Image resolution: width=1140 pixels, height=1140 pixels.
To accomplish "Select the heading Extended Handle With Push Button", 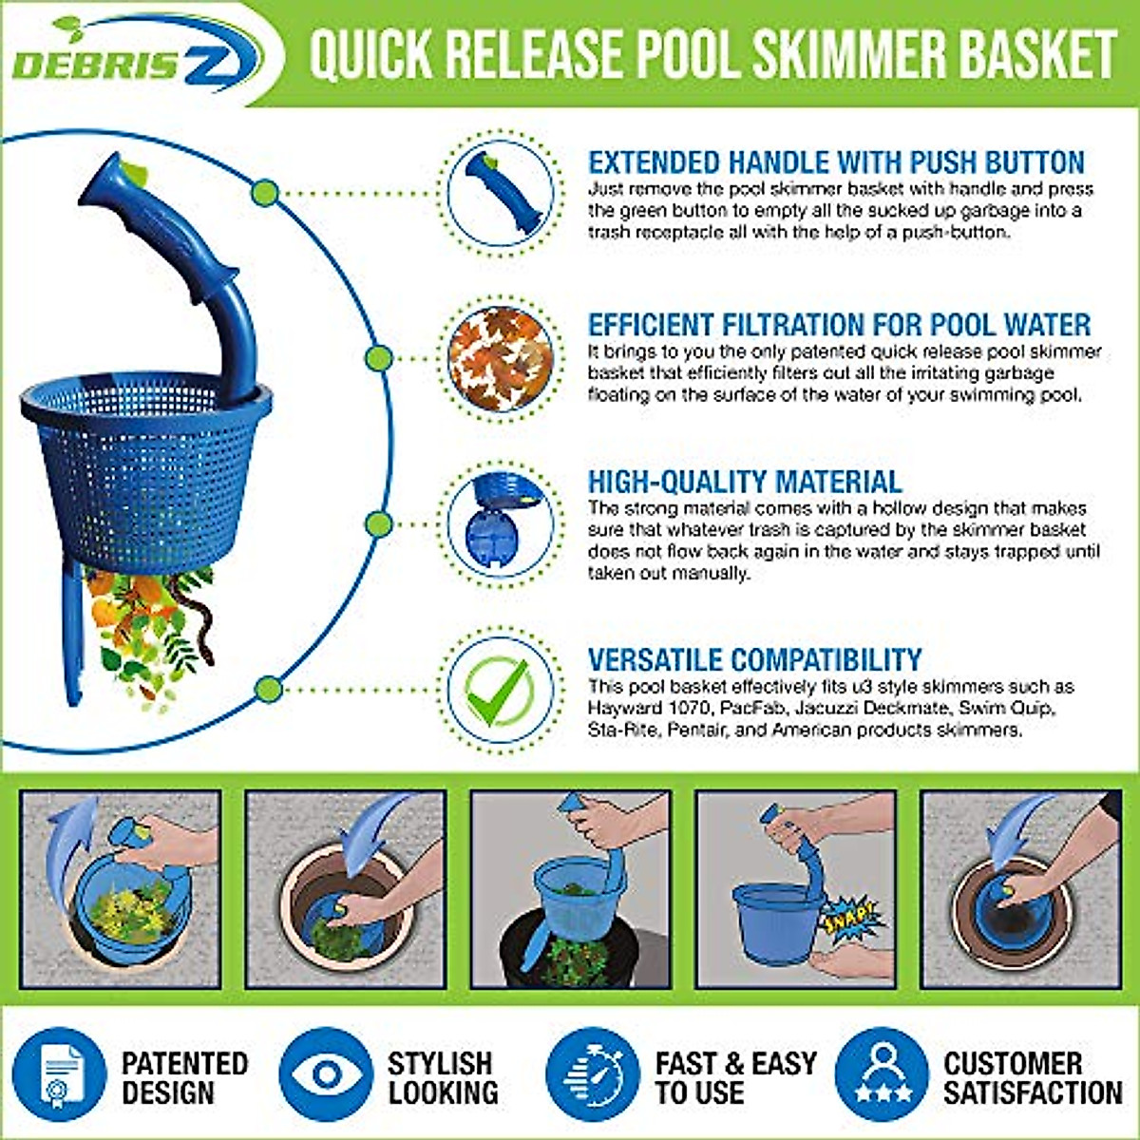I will (x=836, y=162).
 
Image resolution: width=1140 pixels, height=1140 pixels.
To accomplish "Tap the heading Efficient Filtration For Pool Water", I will (x=839, y=325).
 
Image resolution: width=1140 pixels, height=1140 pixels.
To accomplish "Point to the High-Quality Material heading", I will (x=744, y=481).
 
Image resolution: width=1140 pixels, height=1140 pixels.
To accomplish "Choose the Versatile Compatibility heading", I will (x=754, y=659).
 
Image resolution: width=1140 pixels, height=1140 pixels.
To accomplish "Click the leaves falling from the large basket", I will (x=152, y=627).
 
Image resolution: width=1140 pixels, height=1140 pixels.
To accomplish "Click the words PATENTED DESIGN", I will (x=184, y=1077).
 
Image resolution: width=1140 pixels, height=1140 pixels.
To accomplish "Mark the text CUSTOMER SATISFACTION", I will (x=1033, y=1077).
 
